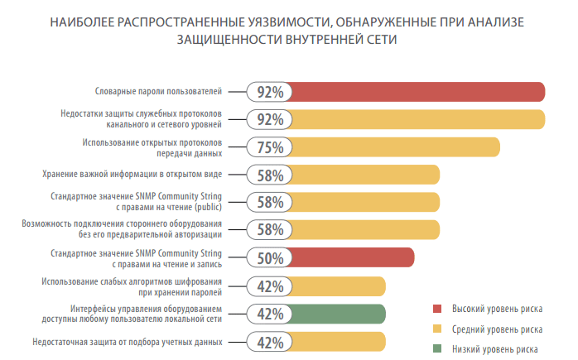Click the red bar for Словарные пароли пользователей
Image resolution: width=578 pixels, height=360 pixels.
pos(414,92)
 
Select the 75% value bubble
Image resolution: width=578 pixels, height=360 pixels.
pos(270,147)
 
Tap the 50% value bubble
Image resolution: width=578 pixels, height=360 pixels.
pos(270,258)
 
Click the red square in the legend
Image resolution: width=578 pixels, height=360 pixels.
pos(438,310)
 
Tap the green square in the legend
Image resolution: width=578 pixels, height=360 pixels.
pos(438,349)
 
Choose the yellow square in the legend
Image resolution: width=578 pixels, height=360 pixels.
pos(438,329)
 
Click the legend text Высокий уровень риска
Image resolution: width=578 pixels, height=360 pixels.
pos(497,310)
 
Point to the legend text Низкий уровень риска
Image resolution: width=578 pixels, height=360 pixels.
pos(494,349)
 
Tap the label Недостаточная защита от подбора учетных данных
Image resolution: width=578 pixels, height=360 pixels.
pos(128,341)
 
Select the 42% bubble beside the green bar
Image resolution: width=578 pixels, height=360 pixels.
pos(270,314)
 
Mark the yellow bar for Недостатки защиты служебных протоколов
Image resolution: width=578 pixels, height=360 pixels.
pos(414,119)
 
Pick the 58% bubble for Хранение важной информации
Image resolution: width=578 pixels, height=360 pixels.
pos(270,175)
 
